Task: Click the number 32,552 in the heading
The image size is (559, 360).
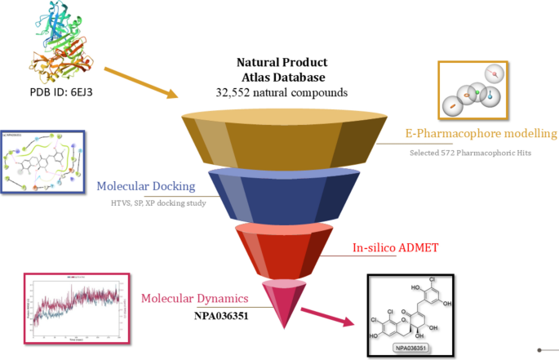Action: click(232, 92)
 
